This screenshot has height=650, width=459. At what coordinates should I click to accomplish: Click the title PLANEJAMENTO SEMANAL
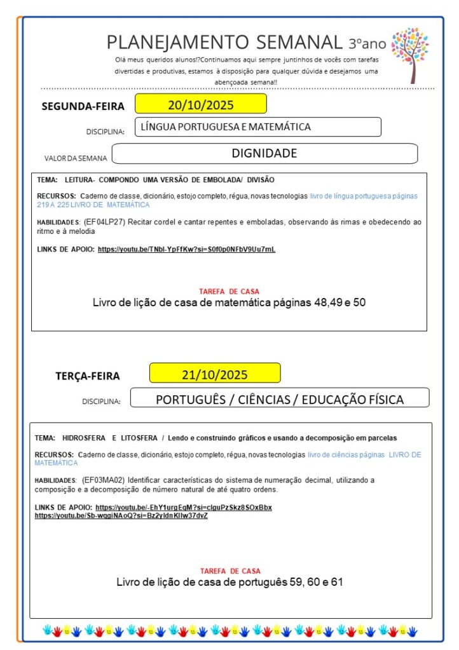(224, 43)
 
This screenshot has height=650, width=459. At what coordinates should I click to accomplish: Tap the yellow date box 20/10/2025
(200, 104)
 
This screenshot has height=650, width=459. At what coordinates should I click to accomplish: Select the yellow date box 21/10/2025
(215, 374)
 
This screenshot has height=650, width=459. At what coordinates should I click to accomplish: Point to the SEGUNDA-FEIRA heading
(83, 106)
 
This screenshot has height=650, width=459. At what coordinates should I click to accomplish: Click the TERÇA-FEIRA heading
(87, 376)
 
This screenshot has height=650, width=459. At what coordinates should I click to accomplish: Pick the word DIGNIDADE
(264, 153)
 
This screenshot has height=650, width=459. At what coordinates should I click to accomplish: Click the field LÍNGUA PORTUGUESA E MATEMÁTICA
(257, 127)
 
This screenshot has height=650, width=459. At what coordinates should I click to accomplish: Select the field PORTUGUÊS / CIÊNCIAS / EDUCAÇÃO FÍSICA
(280, 400)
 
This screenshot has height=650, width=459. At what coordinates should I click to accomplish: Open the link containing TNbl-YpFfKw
(186, 249)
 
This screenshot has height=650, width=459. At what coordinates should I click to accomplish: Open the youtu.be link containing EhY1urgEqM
(184, 507)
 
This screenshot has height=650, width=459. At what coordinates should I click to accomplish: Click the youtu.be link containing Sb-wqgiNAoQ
(121, 515)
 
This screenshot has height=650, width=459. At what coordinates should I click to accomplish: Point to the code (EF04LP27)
(106, 222)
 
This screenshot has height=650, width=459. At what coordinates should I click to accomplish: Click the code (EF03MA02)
(105, 480)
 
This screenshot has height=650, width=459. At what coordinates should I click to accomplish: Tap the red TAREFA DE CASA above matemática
(229, 292)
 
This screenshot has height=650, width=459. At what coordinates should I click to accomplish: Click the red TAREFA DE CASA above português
(229, 571)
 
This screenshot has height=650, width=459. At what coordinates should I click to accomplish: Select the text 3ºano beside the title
(367, 44)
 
